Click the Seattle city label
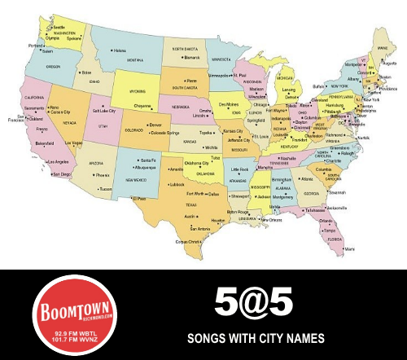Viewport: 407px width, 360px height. pos(59,27)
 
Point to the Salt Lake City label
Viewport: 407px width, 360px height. pos(107,110)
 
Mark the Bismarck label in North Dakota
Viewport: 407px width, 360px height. pos(191,57)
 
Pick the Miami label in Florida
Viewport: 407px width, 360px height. pos(349,248)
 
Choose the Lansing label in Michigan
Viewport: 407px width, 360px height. pos(286,91)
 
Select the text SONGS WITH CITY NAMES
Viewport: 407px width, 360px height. pos(256,336)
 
